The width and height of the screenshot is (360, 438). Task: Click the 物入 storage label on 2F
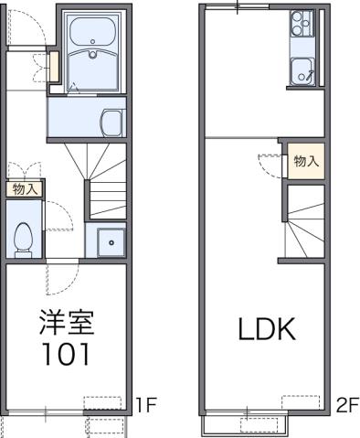(x=306, y=162)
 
